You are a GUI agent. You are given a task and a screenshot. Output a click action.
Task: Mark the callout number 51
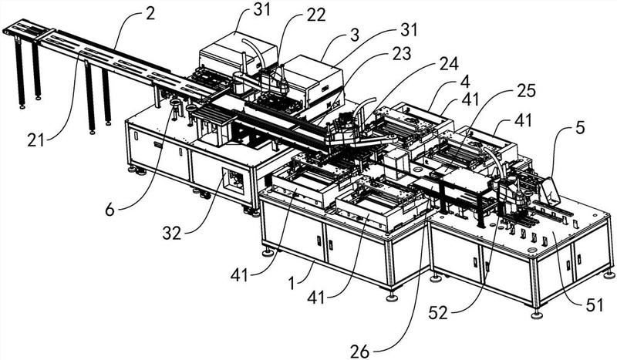592,305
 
